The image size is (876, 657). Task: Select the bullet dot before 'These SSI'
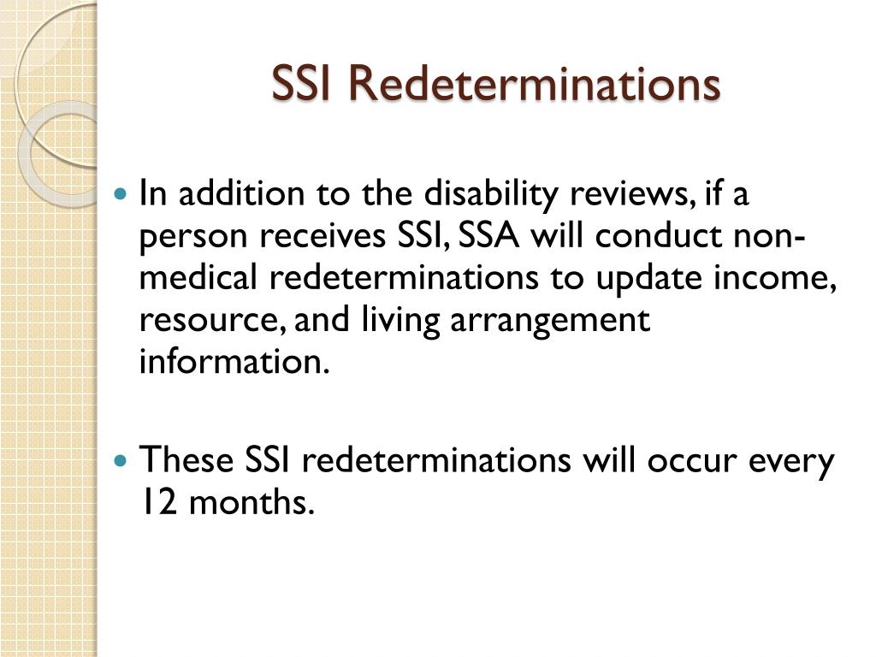[x=121, y=460]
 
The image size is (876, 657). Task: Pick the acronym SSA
[x=491, y=236]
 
